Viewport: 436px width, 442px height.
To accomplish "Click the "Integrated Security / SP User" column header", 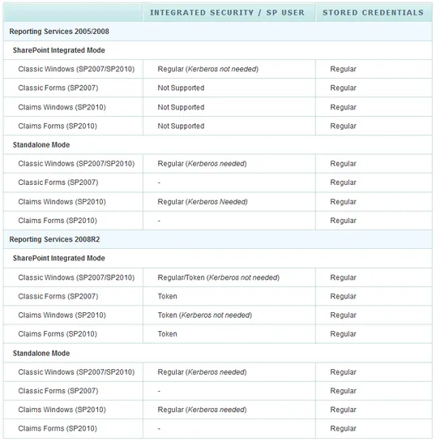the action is (227, 13).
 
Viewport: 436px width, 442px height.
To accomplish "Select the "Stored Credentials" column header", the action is (373, 13).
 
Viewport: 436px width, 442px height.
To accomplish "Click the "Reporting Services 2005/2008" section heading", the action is (59, 32).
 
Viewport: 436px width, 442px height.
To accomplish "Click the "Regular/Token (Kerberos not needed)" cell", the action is (218, 277).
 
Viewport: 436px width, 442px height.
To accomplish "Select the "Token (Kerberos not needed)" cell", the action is (204, 315).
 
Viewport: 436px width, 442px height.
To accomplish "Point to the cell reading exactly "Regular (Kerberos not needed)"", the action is (207, 70).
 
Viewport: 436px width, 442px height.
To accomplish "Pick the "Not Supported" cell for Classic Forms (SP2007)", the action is (181, 88).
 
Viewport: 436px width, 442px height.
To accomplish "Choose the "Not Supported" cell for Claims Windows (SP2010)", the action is (181, 107).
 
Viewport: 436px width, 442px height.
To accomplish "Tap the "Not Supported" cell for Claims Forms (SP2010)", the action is (181, 127).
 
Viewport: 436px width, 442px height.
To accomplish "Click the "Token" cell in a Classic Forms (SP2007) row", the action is (168, 297).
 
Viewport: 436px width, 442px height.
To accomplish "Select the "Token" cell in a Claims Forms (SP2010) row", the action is (168, 334).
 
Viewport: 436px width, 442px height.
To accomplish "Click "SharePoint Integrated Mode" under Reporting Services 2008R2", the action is (59, 259).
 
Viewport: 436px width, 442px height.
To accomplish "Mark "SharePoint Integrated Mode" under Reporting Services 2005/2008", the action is (59, 50).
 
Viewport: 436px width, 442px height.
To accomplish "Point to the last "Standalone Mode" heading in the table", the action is (41, 354).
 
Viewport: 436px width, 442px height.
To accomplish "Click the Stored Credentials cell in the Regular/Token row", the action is (343, 277).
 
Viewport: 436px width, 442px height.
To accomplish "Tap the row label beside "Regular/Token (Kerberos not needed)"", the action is (76, 277).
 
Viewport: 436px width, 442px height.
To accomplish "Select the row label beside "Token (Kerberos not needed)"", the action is (62, 315).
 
